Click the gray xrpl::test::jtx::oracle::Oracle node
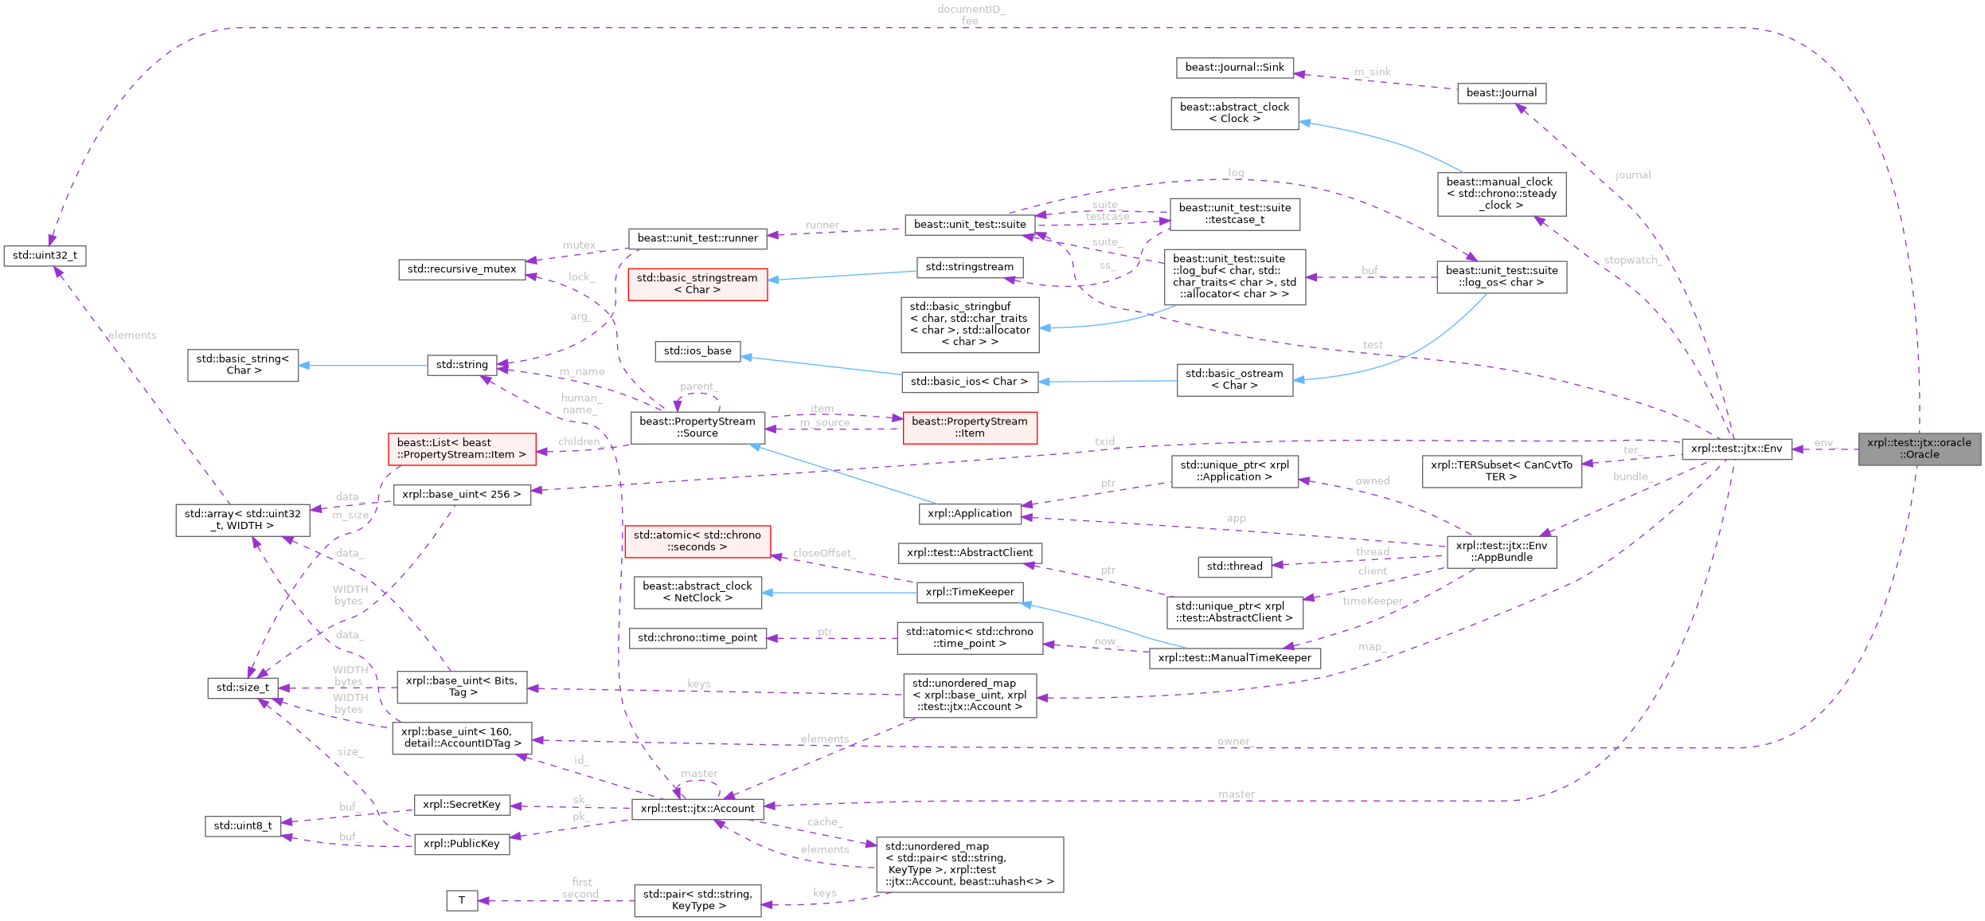coord(1919,449)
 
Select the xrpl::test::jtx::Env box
coord(1736,449)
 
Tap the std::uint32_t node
coord(45,256)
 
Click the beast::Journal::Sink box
coord(1234,68)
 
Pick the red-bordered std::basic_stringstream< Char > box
coord(697,284)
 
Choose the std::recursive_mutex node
coord(462,269)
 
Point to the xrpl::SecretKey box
coord(462,805)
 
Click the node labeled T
coord(461,900)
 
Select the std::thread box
coord(1234,566)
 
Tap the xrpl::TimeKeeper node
coord(969,592)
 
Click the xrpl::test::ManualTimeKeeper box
coord(1234,658)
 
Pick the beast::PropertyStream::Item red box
coord(969,427)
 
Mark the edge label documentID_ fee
coord(970,15)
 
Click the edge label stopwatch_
coord(1631,261)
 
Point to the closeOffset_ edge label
coord(823,553)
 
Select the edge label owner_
coord(1234,741)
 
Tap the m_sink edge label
coord(1372,72)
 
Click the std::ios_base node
coord(697,351)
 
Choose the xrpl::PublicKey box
coord(462,844)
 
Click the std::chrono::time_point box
coord(697,638)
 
